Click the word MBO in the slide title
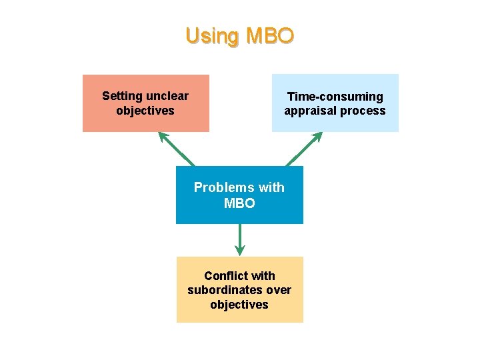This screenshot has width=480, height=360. coord(269,35)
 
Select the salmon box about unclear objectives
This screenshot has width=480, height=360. coord(145,103)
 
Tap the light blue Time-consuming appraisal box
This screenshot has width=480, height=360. coord(335,103)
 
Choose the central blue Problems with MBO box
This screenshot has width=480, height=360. coord(239,195)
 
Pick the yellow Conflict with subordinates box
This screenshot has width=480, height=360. coord(239,290)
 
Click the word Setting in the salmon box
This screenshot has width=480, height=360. coord(123,96)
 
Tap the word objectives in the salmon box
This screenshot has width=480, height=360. coord(145,111)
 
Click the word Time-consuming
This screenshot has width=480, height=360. coord(335,97)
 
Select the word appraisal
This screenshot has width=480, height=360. coord(310,111)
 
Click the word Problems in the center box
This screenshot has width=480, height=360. coord(220,187)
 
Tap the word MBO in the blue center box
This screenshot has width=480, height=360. coord(239,203)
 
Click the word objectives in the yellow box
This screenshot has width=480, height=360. coord(239,305)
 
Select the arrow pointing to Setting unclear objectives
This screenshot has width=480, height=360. coord(176,149)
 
